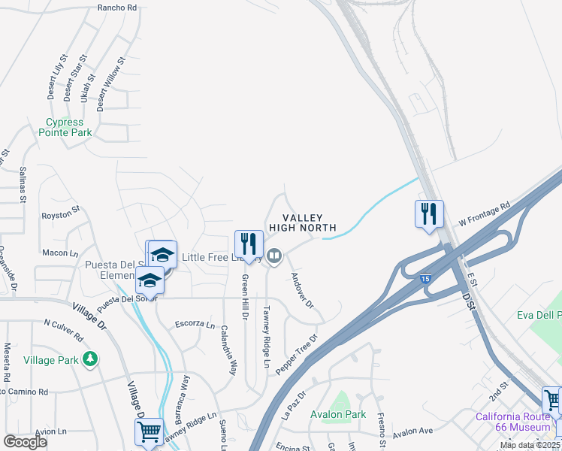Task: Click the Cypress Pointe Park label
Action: pos(68,127)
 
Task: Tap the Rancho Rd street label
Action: pos(117,8)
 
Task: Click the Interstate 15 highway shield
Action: pos(425,279)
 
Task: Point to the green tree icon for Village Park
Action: pos(90,359)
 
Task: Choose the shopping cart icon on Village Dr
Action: pos(148,432)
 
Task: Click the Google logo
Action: pos(25,441)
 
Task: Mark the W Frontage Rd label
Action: pos(485,213)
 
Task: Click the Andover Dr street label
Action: pos(301,289)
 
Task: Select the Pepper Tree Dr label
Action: pos(296,355)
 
